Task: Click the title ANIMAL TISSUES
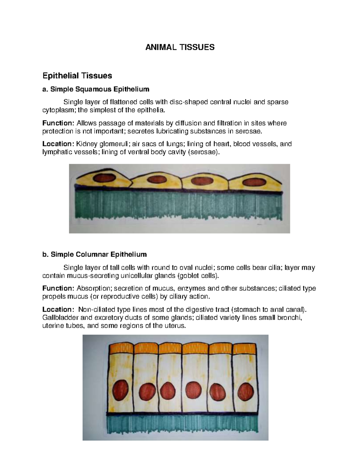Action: [x=180, y=47]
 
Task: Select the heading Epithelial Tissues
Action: [x=77, y=76]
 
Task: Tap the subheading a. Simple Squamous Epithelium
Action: [x=96, y=89]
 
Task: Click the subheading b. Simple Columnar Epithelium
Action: [x=94, y=255]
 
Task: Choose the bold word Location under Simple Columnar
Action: [x=57, y=310]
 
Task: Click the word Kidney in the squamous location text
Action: [x=86, y=144]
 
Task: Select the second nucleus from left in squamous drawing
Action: [x=154, y=180]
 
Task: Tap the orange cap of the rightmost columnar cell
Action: [x=244, y=348]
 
